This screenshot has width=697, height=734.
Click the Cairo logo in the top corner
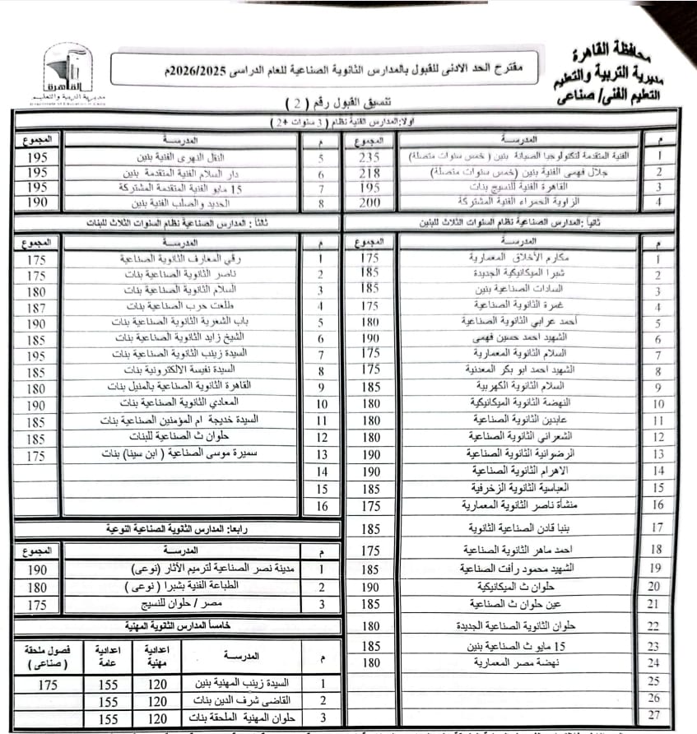tap(68, 74)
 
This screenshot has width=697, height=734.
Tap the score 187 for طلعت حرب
tap(36, 308)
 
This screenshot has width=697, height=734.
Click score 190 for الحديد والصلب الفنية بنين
tap(36, 202)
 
